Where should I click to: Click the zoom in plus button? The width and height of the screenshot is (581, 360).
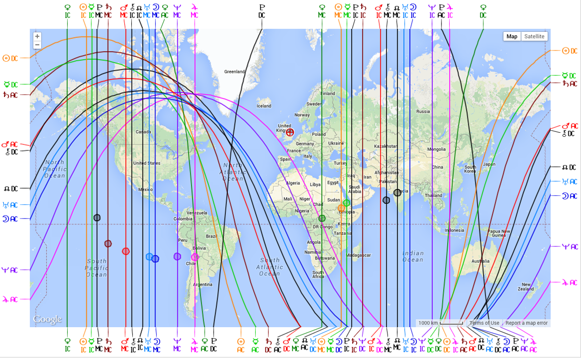pos(37,37)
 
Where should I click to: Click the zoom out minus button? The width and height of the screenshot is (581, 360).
pos(37,45)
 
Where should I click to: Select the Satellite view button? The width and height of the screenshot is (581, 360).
pos(534,36)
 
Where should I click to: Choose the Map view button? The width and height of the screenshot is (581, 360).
pos(512,36)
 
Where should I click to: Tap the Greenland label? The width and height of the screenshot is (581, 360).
pos(234,72)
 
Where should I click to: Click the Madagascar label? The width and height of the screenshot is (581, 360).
pos(359,255)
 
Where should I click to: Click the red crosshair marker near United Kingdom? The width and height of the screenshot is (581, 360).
pos(290,132)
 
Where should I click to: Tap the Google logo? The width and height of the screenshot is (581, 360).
pos(47,319)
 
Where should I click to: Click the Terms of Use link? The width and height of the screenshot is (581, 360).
pos(484,323)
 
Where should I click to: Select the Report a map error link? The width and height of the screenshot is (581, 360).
pos(526,323)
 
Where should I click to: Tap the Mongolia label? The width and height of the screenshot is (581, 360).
pos(436,149)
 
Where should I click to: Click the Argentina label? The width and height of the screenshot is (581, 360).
pos(203,285)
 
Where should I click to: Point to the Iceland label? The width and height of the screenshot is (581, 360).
pos(264,106)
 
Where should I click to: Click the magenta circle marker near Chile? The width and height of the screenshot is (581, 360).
pos(195,258)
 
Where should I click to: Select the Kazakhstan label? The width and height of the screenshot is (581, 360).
pos(385,146)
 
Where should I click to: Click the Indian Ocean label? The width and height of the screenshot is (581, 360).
pos(413,256)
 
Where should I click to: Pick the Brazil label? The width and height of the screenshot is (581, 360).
pos(211,236)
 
